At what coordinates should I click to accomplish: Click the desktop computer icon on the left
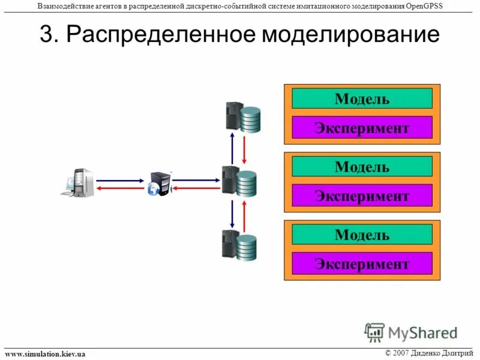78,183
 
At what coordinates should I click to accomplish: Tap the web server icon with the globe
160,184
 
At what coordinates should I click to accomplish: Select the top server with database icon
242,117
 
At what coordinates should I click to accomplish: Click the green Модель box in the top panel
362,98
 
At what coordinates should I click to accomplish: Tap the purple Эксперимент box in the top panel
362,127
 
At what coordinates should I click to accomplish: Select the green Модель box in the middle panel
362,166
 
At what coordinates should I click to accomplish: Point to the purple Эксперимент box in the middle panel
362,196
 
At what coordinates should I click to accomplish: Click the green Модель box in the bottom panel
362,235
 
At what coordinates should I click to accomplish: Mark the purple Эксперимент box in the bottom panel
362,263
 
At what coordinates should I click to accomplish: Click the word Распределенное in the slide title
161,34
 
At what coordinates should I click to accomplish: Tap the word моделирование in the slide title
351,34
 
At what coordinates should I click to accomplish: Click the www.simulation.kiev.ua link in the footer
45,354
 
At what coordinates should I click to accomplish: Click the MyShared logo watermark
410,332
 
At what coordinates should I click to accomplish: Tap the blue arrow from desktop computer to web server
121,179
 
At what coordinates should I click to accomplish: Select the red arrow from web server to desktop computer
121,188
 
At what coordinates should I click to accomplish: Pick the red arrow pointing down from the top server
244,149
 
